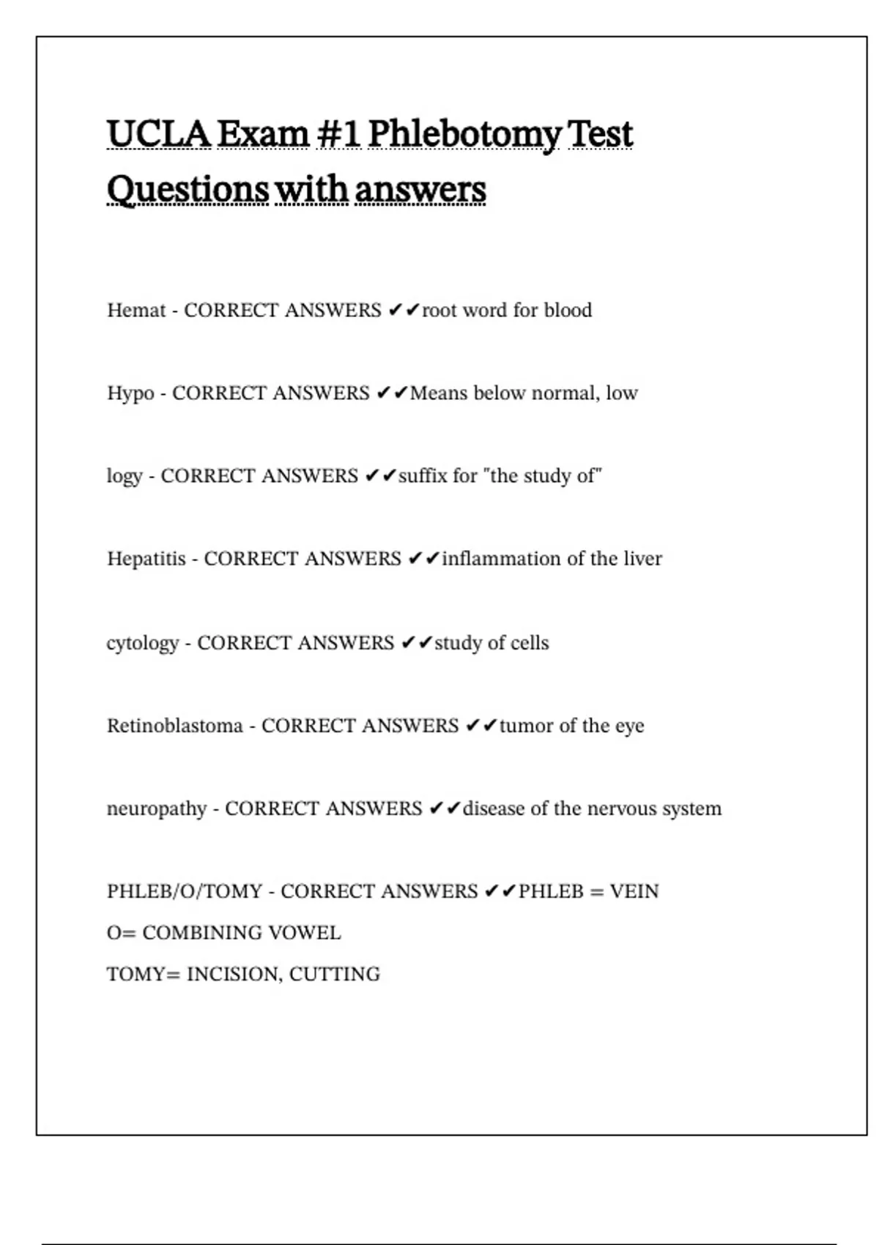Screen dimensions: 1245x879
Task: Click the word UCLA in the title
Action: (158, 134)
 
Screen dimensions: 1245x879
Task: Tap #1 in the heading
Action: (338, 134)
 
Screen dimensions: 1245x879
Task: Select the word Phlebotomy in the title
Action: (464, 134)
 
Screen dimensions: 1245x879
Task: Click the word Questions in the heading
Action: (188, 190)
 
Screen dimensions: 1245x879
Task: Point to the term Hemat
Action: (136, 311)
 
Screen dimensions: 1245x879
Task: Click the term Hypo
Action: (130, 394)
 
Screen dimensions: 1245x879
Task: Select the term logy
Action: (125, 477)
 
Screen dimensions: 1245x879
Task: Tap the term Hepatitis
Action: (146, 559)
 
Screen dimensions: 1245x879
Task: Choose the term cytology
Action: (143, 644)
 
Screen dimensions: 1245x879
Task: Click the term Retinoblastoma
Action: (174, 726)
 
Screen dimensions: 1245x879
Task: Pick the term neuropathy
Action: (157, 809)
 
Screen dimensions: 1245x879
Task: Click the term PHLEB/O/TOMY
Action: (185, 891)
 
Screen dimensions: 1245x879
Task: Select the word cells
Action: (530, 643)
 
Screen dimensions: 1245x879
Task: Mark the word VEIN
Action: (634, 891)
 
